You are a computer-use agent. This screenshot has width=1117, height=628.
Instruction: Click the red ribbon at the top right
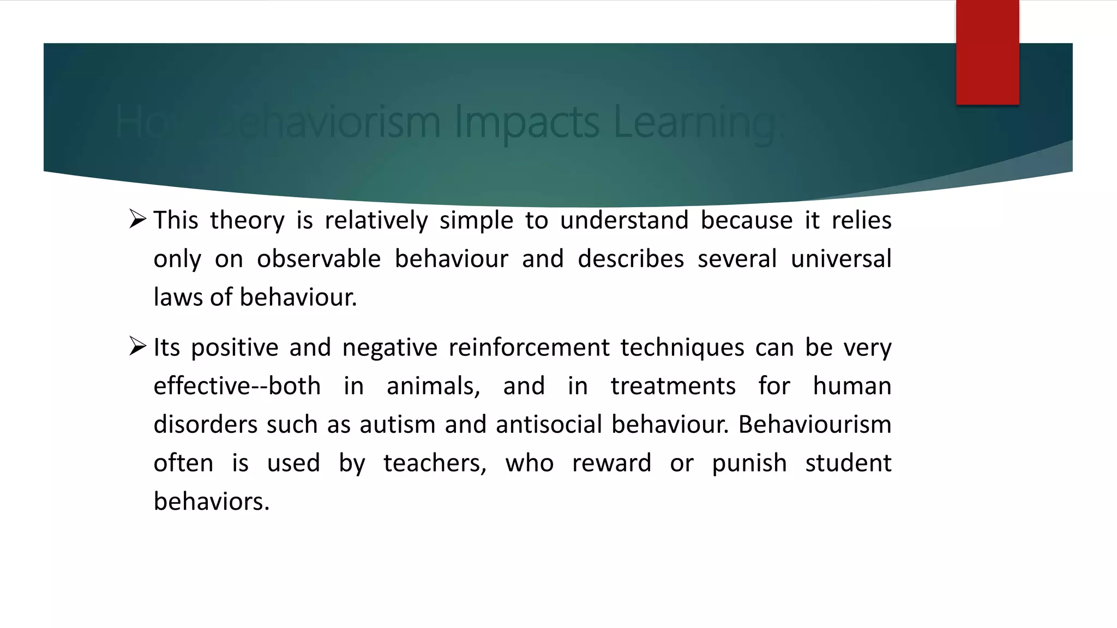pos(987,52)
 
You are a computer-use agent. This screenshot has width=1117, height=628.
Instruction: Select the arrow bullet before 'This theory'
pos(138,219)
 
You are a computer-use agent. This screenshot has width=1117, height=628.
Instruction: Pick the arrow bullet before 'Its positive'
pos(138,346)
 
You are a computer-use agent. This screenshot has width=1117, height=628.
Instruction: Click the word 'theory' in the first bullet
pos(247,221)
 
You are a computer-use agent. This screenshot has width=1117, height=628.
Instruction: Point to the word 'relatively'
pos(376,221)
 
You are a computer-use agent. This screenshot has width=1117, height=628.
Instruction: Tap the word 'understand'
pos(624,221)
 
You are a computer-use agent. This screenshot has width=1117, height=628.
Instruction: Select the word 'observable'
pos(319,259)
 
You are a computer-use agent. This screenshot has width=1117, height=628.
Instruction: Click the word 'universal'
pos(840,259)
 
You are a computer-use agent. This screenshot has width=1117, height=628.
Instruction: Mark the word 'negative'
pos(389,348)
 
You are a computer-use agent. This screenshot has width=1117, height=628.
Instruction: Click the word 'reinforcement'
pos(529,348)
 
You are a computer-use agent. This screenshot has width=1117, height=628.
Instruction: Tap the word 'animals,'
pos(433,387)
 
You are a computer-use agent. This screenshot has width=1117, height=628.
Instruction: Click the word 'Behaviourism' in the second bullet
pos(814,425)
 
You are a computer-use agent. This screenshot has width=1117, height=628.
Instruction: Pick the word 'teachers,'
pos(435,463)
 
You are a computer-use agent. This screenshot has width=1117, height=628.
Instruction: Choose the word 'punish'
pos(749,463)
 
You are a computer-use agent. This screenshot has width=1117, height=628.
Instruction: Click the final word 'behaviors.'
pos(212,502)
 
